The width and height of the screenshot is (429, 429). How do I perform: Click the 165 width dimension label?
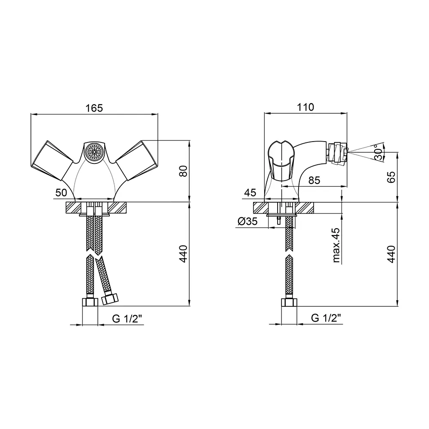tap(94, 108)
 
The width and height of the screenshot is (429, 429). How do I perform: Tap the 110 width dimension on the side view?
tap(305, 107)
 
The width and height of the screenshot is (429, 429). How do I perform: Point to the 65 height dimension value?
tap(391, 177)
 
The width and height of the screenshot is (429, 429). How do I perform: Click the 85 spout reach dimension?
tap(314, 180)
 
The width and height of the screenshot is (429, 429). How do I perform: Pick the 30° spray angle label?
tap(379, 153)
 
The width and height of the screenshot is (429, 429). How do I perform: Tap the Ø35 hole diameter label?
tap(248, 221)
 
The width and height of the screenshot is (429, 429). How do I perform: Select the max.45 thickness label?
tap(336, 245)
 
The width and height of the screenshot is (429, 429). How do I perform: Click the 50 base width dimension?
tap(61, 193)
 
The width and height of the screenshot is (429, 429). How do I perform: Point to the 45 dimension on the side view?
tap(250, 193)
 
